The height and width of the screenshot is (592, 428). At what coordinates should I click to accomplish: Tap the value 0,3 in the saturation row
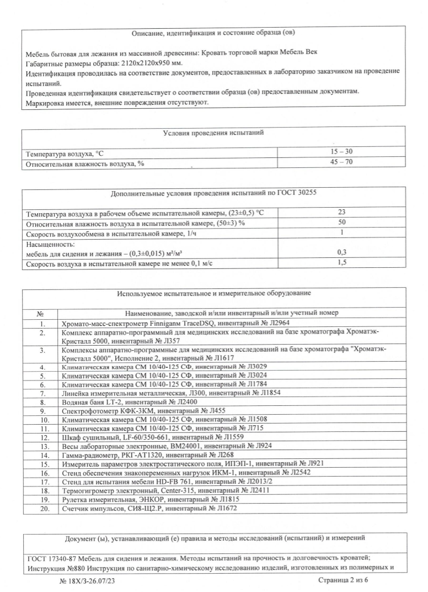pyautogui.click(x=342, y=252)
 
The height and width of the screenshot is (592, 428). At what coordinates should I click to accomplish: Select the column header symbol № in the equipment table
pyautogui.click(x=41, y=312)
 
